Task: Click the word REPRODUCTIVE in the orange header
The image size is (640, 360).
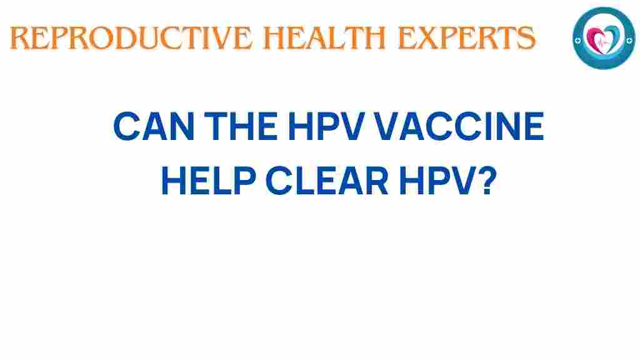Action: point(131,38)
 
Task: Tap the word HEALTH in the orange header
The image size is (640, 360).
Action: point(324,38)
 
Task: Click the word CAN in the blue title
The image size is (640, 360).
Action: point(154,126)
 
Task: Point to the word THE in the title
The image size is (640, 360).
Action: point(241,126)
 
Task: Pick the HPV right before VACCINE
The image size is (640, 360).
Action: point(326,126)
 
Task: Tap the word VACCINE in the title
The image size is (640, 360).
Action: point(459,126)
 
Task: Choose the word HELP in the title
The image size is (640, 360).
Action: point(209,181)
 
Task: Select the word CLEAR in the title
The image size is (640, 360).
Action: point(327,181)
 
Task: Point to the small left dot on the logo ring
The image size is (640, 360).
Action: point(577,41)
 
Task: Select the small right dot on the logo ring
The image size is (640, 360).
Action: point(629,40)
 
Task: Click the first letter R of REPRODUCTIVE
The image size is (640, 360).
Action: point(19,38)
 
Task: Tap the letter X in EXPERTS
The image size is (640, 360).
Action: point(426,38)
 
